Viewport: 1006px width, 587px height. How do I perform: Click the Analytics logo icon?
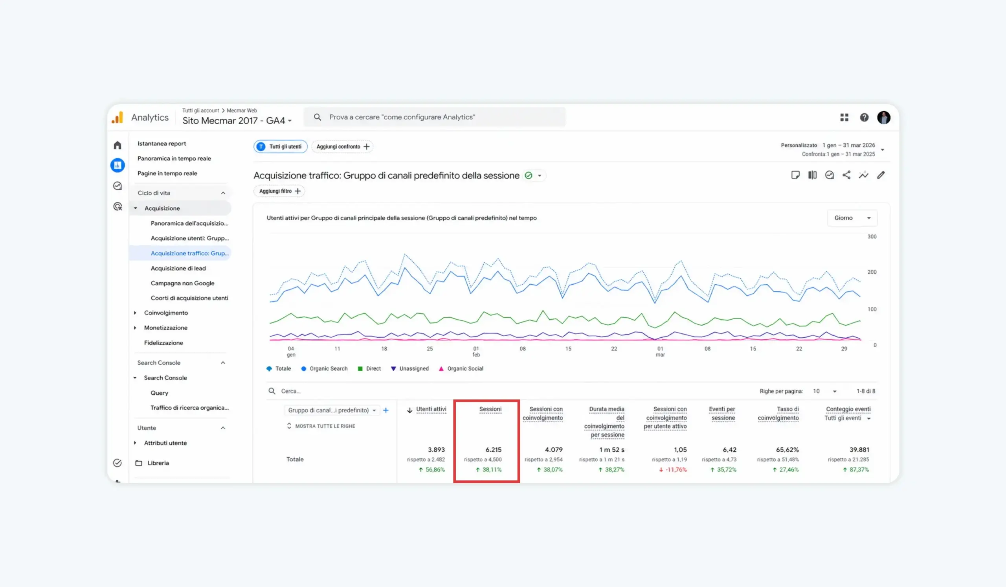(117, 118)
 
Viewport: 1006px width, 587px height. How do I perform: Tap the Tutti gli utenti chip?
(280, 147)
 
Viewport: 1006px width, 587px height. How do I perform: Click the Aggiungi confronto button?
(342, 147)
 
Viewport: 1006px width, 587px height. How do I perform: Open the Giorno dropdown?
(852, 218)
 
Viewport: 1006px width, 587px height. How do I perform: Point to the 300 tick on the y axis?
(872, 237)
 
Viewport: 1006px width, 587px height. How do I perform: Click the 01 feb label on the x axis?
(476, 351)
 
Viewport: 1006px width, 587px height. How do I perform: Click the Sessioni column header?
(490, 409)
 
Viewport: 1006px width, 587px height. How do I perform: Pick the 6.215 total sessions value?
(494, 450)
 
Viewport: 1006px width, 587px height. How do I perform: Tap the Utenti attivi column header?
(431, 409)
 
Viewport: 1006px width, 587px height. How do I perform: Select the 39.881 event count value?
(859, 450)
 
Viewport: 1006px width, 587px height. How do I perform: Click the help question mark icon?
(864, 118)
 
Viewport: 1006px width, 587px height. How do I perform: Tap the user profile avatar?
(883, 118)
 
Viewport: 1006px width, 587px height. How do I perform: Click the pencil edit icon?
(881, 175)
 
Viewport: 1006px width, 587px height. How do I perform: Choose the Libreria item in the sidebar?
(158, 463)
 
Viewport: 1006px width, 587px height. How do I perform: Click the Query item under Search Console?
(159, 393)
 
